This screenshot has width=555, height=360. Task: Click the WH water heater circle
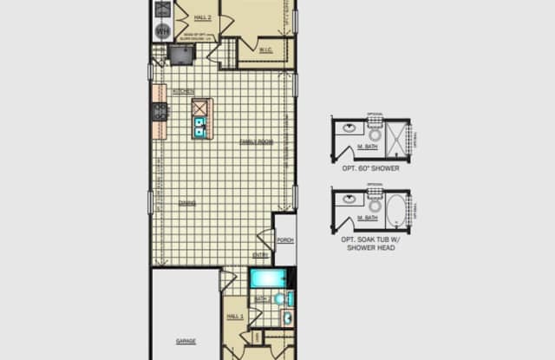tap(160, 31)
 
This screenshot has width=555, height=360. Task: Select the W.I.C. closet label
tap(265, 49)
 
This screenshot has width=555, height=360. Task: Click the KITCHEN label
tap(183, 92)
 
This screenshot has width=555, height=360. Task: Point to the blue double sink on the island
tap(200, 128)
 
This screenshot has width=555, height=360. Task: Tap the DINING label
tap(186, 203)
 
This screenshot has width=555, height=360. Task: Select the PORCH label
tap(284, 240)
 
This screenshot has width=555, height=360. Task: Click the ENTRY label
tap(259, 255)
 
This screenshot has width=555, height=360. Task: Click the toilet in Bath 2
tap(279, 298)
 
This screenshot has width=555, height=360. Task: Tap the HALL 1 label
tap(234, 317)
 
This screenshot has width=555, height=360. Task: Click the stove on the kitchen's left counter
tap(160, 111)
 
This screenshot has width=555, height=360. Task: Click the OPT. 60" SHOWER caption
tap(370, 168)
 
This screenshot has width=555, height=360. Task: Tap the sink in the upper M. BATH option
tap(347, 128)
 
